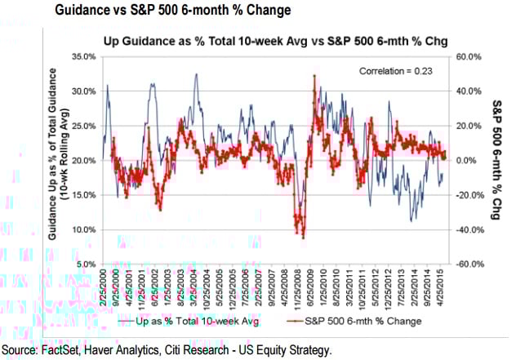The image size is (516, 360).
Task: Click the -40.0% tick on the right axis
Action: pyautogui.click(x=469, y=229)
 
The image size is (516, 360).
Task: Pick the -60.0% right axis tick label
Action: pyautogui.click(x=469, y=264)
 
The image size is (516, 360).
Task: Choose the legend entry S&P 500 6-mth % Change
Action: pyautogui.click(x=362, y=322)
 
